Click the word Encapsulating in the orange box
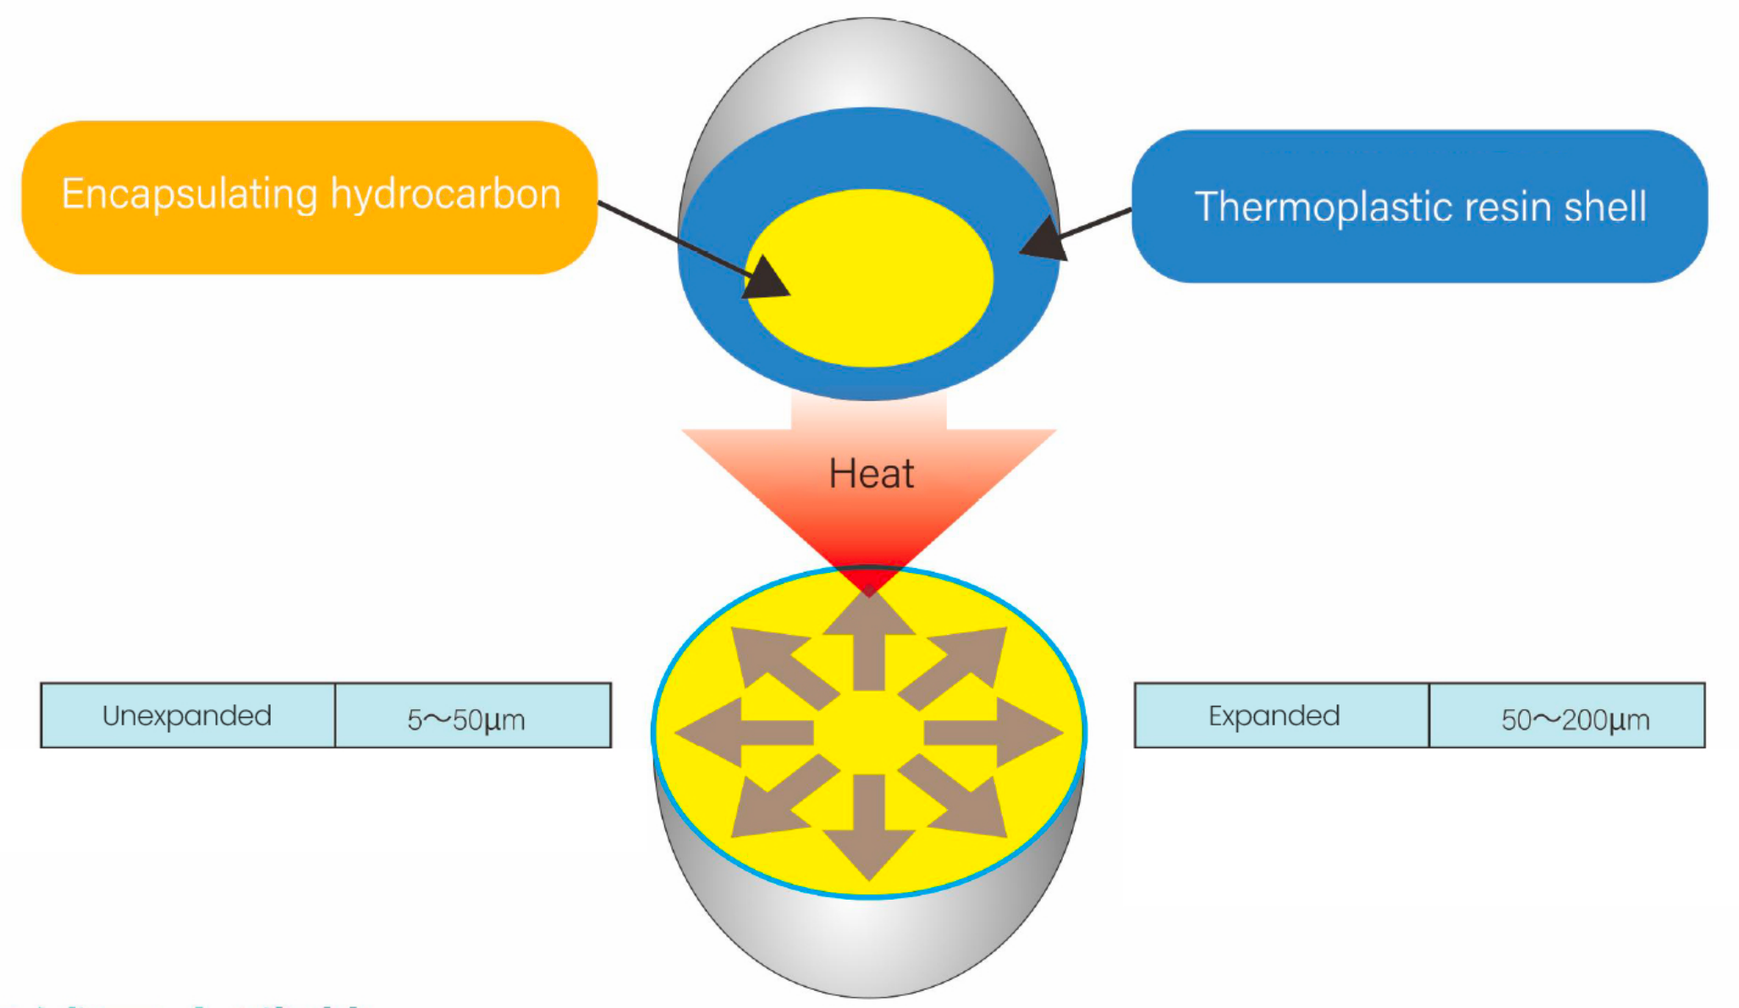point(190,195)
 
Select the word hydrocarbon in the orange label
point(445,195)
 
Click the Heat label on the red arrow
point(871,474)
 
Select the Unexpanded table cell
point(187,716)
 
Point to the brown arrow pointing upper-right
point(965,664)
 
